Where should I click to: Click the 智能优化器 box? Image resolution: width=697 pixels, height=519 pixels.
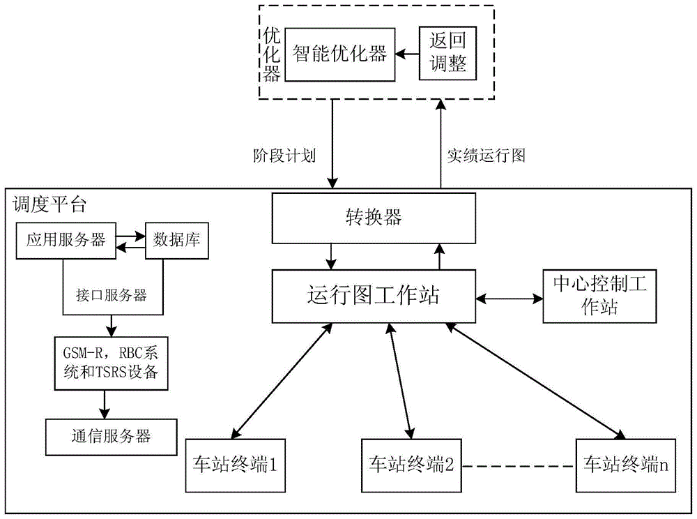coord(339,54)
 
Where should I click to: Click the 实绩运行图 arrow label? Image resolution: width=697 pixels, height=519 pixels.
coord(486,156)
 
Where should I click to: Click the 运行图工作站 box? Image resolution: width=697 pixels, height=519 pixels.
coord(373,296)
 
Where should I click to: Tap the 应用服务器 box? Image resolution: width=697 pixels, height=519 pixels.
coord(66,241)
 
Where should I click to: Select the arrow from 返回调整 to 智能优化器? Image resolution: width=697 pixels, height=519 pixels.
coord(406,54)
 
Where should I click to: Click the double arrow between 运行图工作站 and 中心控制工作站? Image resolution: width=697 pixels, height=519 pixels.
coord(510,298)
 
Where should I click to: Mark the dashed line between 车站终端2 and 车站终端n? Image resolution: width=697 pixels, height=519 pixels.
coord(519,465)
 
